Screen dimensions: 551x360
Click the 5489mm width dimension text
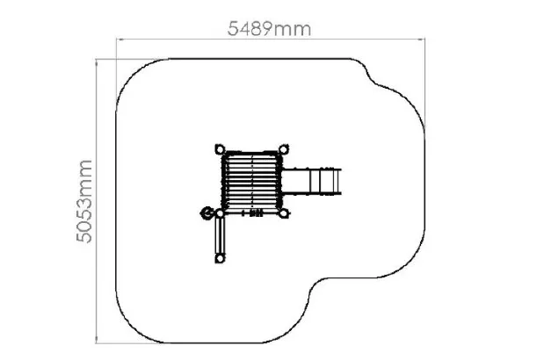269,29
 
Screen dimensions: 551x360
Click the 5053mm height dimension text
84,201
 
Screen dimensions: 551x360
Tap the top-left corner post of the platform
220,149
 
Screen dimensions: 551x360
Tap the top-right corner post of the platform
284,149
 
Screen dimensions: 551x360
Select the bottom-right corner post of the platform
284,213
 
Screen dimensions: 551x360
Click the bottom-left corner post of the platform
220,213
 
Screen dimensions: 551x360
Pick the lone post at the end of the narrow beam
220,258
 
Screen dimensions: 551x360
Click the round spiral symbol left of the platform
207,212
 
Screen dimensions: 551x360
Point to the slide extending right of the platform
311,182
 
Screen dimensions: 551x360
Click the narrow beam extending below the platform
220,235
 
